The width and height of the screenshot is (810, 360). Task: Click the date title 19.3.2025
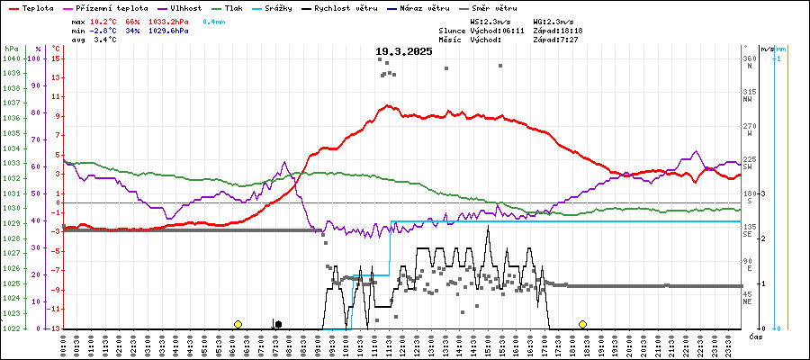404,51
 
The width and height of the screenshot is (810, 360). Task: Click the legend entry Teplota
36,7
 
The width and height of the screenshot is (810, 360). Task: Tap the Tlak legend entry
239,7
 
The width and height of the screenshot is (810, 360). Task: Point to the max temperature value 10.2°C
104,20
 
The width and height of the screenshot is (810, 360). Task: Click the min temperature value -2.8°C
104,30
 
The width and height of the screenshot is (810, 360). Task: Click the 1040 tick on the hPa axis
11,58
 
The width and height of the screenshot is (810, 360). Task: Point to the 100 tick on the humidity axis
35,58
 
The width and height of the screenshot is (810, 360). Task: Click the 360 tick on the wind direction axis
749,58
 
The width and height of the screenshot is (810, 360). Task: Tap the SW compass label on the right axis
748,167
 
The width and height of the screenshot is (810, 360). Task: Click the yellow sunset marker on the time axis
583,324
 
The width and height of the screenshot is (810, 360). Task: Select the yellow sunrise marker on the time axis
238,324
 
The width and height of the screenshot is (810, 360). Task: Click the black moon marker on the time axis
278,324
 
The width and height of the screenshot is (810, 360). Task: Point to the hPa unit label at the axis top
10,48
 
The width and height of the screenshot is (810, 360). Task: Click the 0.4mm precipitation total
214,20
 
